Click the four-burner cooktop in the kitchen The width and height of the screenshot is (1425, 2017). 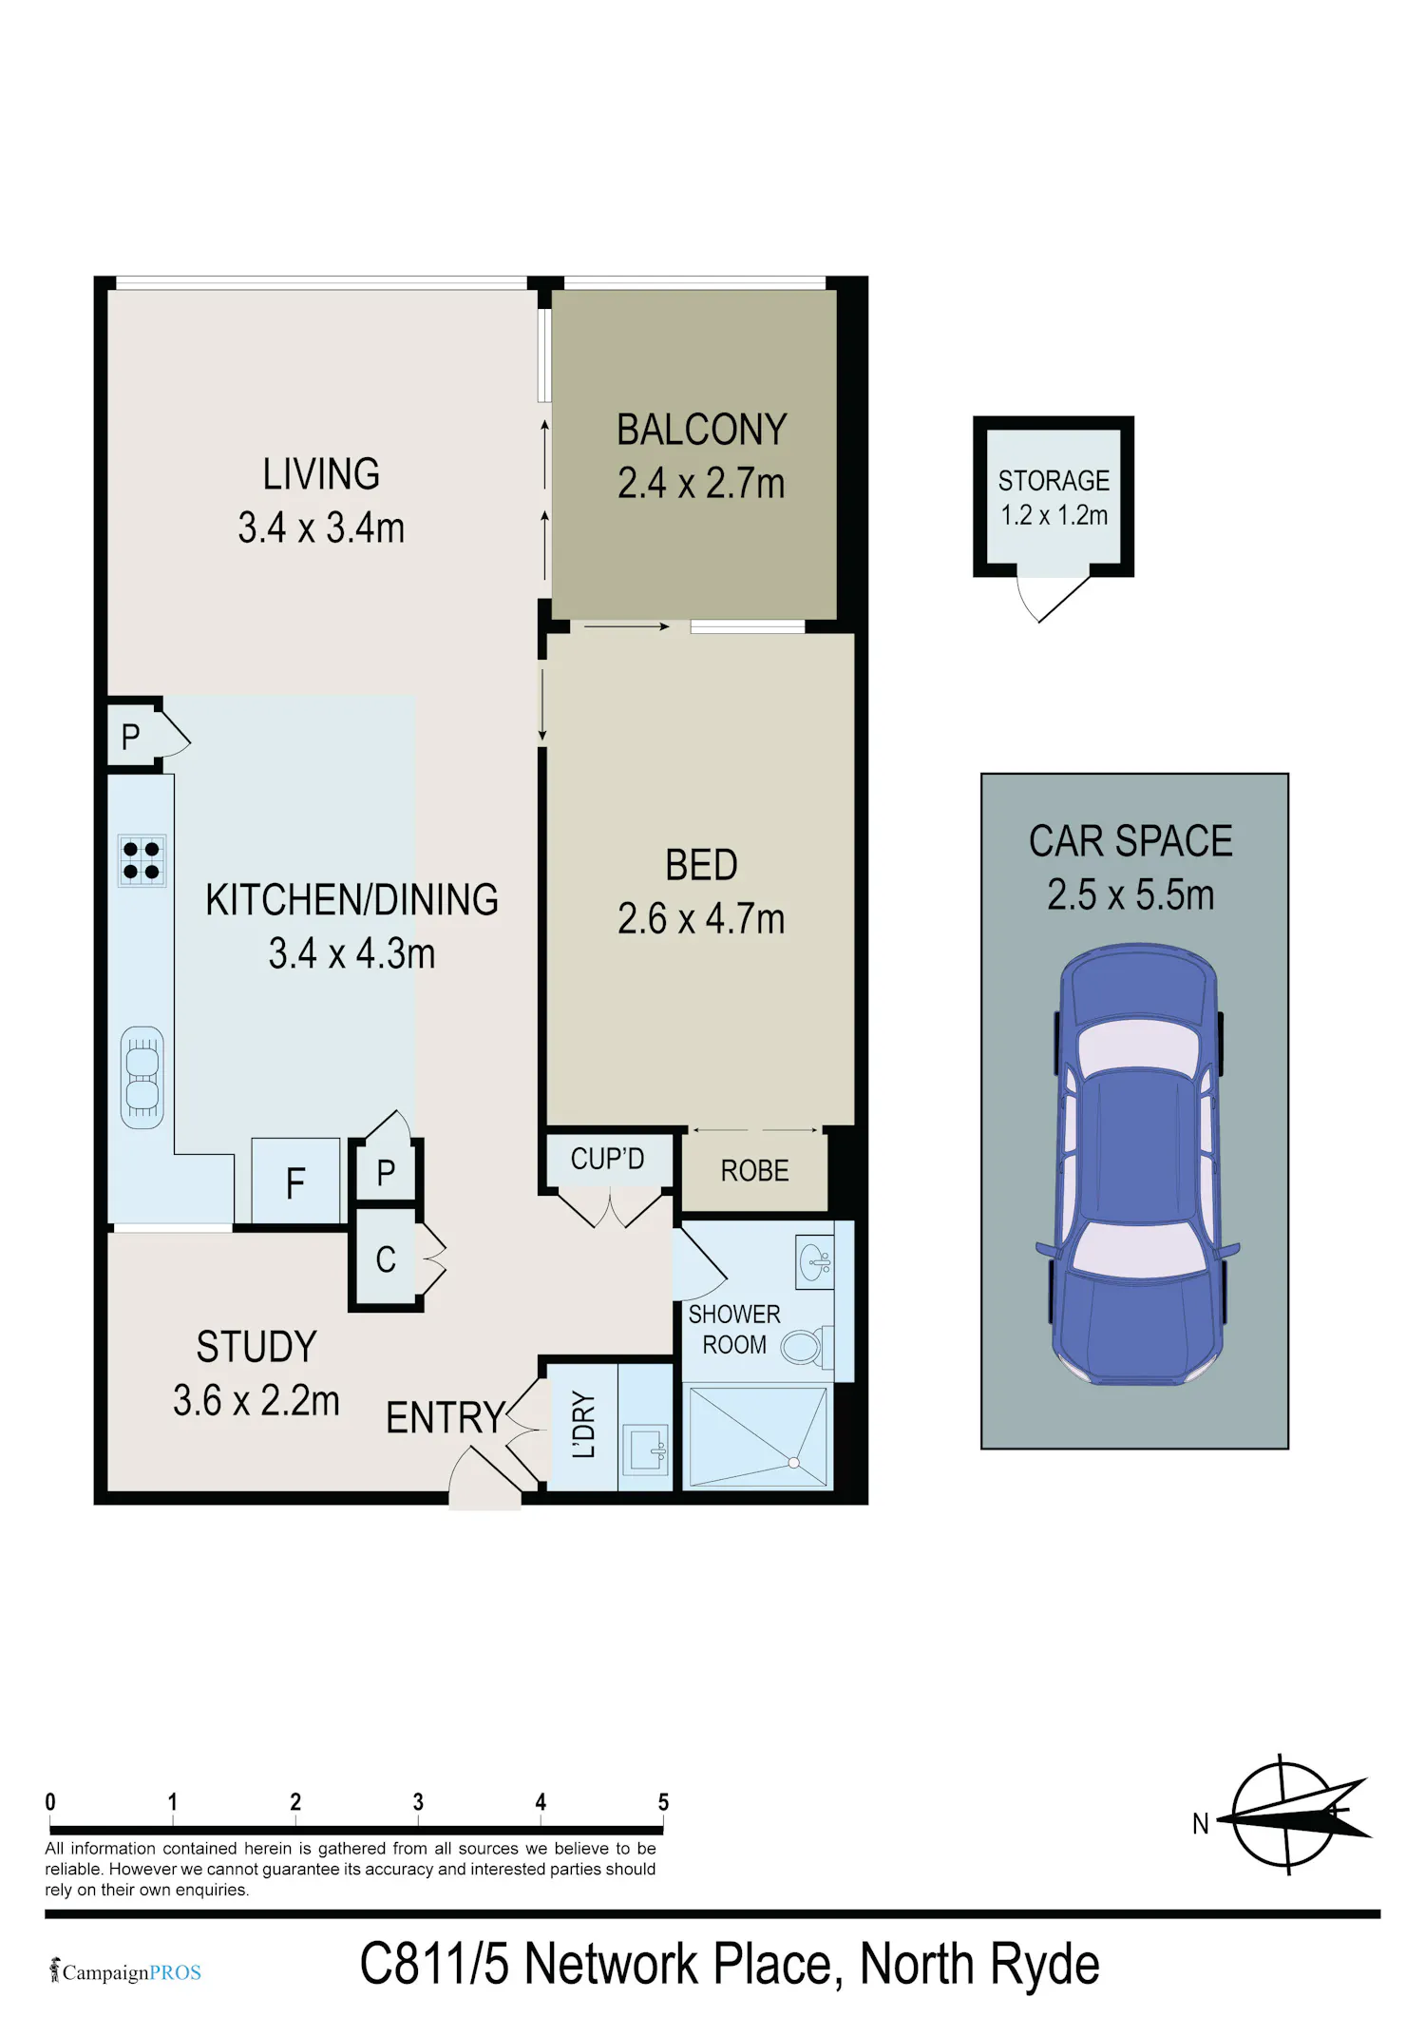[142, 860]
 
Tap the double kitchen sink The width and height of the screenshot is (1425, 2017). [142, 1078]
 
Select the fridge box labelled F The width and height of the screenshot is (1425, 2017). [295, 1181]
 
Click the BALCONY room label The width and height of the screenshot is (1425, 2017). [702, 430]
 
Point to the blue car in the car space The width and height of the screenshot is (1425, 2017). [1137, 1163]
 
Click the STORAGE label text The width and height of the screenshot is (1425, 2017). [1054, 481]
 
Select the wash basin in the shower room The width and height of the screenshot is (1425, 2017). [815, 1262]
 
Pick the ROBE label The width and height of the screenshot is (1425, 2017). [755, 1171]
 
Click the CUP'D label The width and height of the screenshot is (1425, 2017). [607, 1159]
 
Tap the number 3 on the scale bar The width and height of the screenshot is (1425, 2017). [418, 1802]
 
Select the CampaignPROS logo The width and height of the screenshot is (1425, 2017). [125, 1972]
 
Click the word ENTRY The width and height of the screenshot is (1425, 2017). [446, 1418]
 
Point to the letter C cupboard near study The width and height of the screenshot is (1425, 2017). [386, 1260]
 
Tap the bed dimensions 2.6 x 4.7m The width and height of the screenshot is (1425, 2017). [701, 919]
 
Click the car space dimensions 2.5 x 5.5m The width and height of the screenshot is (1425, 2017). [1130, 895]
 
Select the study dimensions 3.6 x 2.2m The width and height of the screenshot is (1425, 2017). [256, 1401]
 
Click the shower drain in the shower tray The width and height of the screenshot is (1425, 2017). [794, 1463]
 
